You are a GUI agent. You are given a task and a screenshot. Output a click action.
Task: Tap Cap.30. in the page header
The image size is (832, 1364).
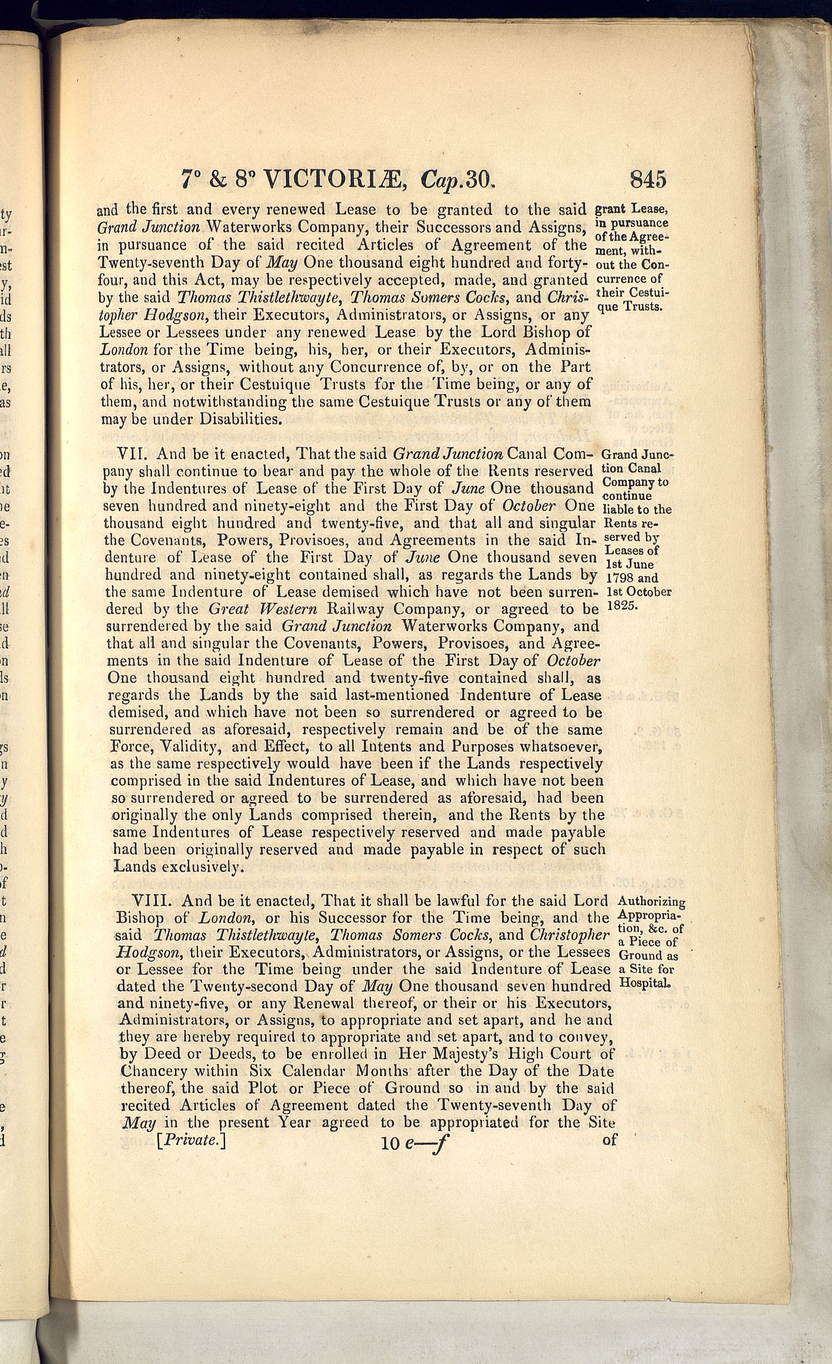[457, 180]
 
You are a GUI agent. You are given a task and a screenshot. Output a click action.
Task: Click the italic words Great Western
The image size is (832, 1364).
[263, 610]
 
